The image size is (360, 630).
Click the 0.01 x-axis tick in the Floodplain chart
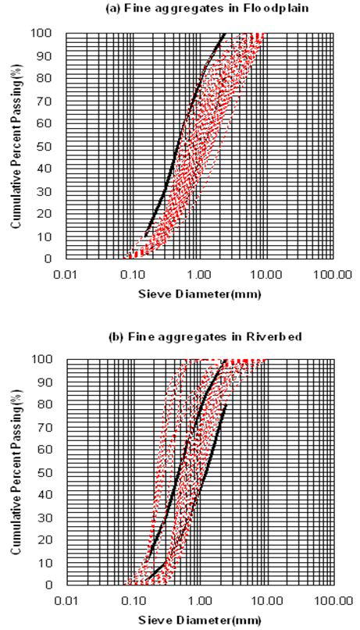(66, 274)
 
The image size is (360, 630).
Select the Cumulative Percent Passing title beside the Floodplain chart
(16, 146)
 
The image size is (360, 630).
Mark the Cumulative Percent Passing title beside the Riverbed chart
(16, 472)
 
